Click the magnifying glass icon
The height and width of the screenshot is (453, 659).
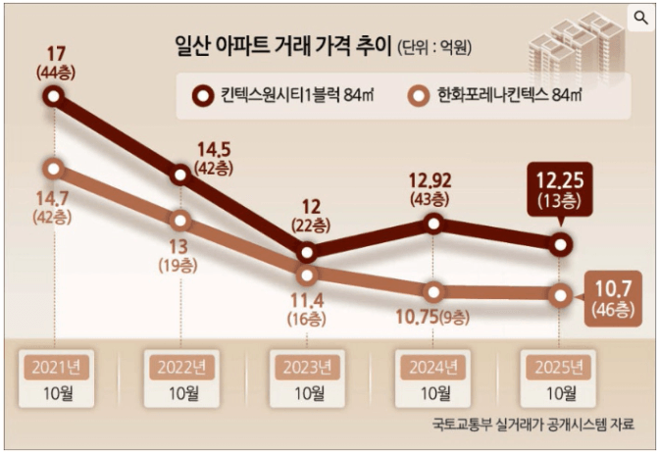tap(640, 16)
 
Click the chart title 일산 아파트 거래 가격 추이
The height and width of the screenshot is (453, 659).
tap(281, 47)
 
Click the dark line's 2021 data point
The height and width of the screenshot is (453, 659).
tap(53, 96)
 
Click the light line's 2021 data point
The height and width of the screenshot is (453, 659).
tap(53, 168)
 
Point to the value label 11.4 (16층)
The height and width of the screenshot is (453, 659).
tap(307, 306)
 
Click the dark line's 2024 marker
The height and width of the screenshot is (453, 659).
tap(432, 225)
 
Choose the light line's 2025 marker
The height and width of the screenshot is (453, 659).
tap(560, 294)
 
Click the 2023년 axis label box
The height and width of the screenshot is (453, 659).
tap(307, 368)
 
